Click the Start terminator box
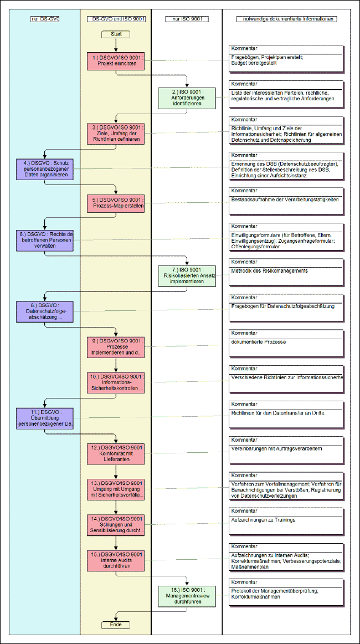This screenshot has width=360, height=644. [116, 34]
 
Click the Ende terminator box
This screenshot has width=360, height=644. [116, 625]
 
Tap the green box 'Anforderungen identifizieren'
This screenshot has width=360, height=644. [188, 98]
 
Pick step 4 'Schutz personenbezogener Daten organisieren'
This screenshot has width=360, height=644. [45, 168]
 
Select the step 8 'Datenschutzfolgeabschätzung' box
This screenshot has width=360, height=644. [45, 311]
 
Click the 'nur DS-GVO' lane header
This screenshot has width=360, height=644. [45, 19]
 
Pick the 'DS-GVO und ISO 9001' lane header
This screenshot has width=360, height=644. [116, 19]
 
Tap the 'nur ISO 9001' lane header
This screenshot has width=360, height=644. [187, 19]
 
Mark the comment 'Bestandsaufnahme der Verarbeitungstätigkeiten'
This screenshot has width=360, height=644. [285, 200]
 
